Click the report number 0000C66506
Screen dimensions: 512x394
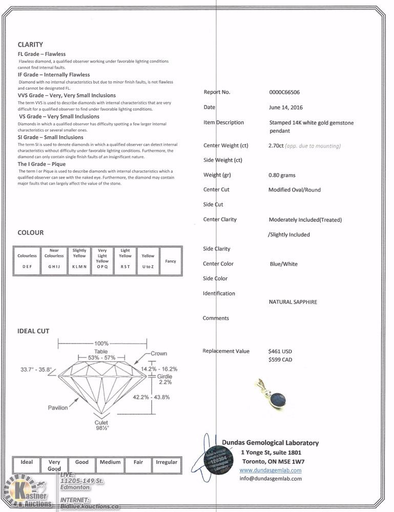pos(284,93)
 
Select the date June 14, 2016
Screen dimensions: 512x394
pos(285,108)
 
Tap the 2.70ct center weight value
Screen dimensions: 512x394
pos(277,146)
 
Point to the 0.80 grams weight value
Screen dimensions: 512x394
pos(282,175)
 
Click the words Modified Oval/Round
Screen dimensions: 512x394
pos(295,190)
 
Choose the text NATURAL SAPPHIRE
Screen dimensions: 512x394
pos(293,302)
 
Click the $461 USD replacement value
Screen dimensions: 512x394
pos(280,352)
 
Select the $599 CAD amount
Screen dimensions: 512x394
pos(280,360)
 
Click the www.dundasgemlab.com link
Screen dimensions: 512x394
pos(271,470)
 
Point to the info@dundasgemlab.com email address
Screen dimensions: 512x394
pos(271,479)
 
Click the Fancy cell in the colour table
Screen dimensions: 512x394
pos(171,261)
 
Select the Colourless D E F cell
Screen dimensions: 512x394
pos(27,261)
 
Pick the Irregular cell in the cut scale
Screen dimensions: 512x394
pos(167,462)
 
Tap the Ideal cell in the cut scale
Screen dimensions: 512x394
pos(27,462)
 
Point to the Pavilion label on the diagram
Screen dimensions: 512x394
pos(58,408)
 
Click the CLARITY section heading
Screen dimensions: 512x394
pos(30,45)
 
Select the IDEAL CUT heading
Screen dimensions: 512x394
pos(33,331)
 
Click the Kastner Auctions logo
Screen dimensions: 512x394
pos(28,494)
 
